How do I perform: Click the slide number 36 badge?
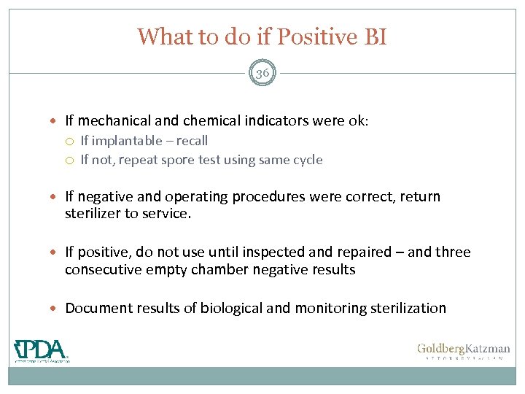click(x=262, y=72)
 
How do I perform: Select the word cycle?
click(x=306, y=160)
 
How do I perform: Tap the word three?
click(x=453, y=252)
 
